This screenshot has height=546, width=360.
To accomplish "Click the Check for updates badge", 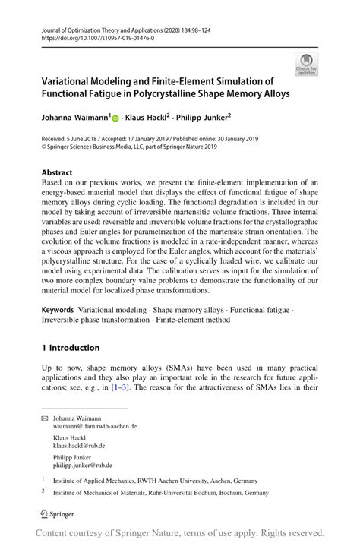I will point(307,65).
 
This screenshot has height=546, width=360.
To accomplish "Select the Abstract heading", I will point(57,172).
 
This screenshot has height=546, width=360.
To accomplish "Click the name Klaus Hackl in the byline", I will point(148,118).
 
